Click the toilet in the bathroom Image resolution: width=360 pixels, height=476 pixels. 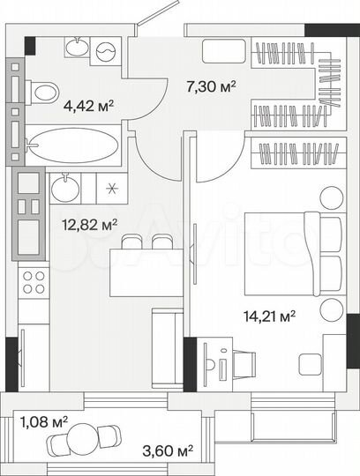point(42,91)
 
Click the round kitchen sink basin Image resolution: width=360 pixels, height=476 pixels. point(63,188)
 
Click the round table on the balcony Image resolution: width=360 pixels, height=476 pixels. point(91,438)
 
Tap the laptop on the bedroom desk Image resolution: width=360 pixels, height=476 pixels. point(216,362)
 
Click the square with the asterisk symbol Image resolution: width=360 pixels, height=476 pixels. point(111,188)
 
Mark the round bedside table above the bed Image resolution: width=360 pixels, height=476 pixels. point(331,197)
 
